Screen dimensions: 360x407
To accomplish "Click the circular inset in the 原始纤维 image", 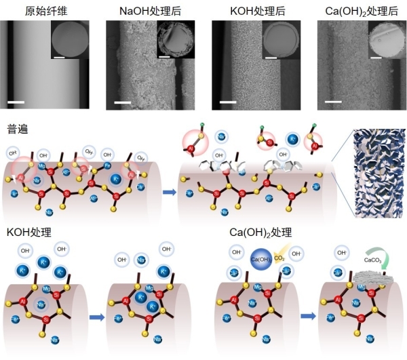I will click(x=69, y=39).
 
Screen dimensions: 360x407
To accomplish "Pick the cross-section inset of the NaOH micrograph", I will click(x=174, y=39).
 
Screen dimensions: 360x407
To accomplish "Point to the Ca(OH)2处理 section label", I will click(x=261, y=232).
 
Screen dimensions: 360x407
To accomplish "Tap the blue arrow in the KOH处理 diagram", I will click(x=96, y=316).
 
